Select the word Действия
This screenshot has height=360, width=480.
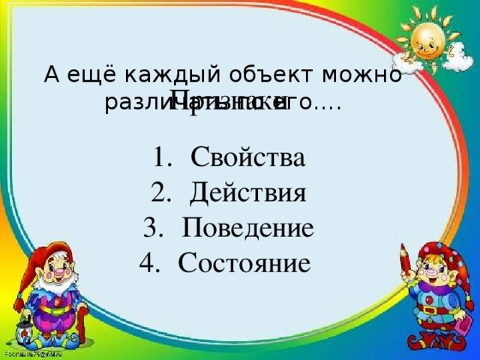click(247, 193)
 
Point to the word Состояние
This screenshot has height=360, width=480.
click(244, 262)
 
